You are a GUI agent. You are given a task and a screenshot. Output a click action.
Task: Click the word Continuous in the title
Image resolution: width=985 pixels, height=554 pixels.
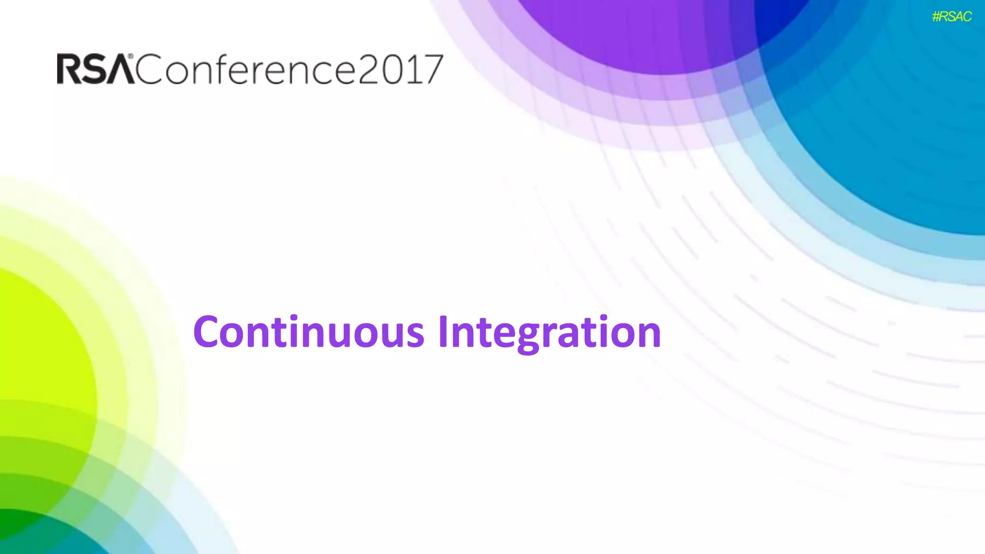click(x=309, y=332)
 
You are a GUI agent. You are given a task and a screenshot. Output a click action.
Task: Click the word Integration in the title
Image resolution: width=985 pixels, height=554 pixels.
click(x=549, y=332)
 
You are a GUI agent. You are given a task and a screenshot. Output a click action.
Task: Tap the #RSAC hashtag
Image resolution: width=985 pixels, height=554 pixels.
click(x=951, y=17)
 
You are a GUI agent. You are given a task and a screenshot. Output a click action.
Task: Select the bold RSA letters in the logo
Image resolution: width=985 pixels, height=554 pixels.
click(x=95, y=69)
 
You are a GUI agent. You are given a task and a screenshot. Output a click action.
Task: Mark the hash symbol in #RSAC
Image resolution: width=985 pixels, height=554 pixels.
click(x=936, y=17)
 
